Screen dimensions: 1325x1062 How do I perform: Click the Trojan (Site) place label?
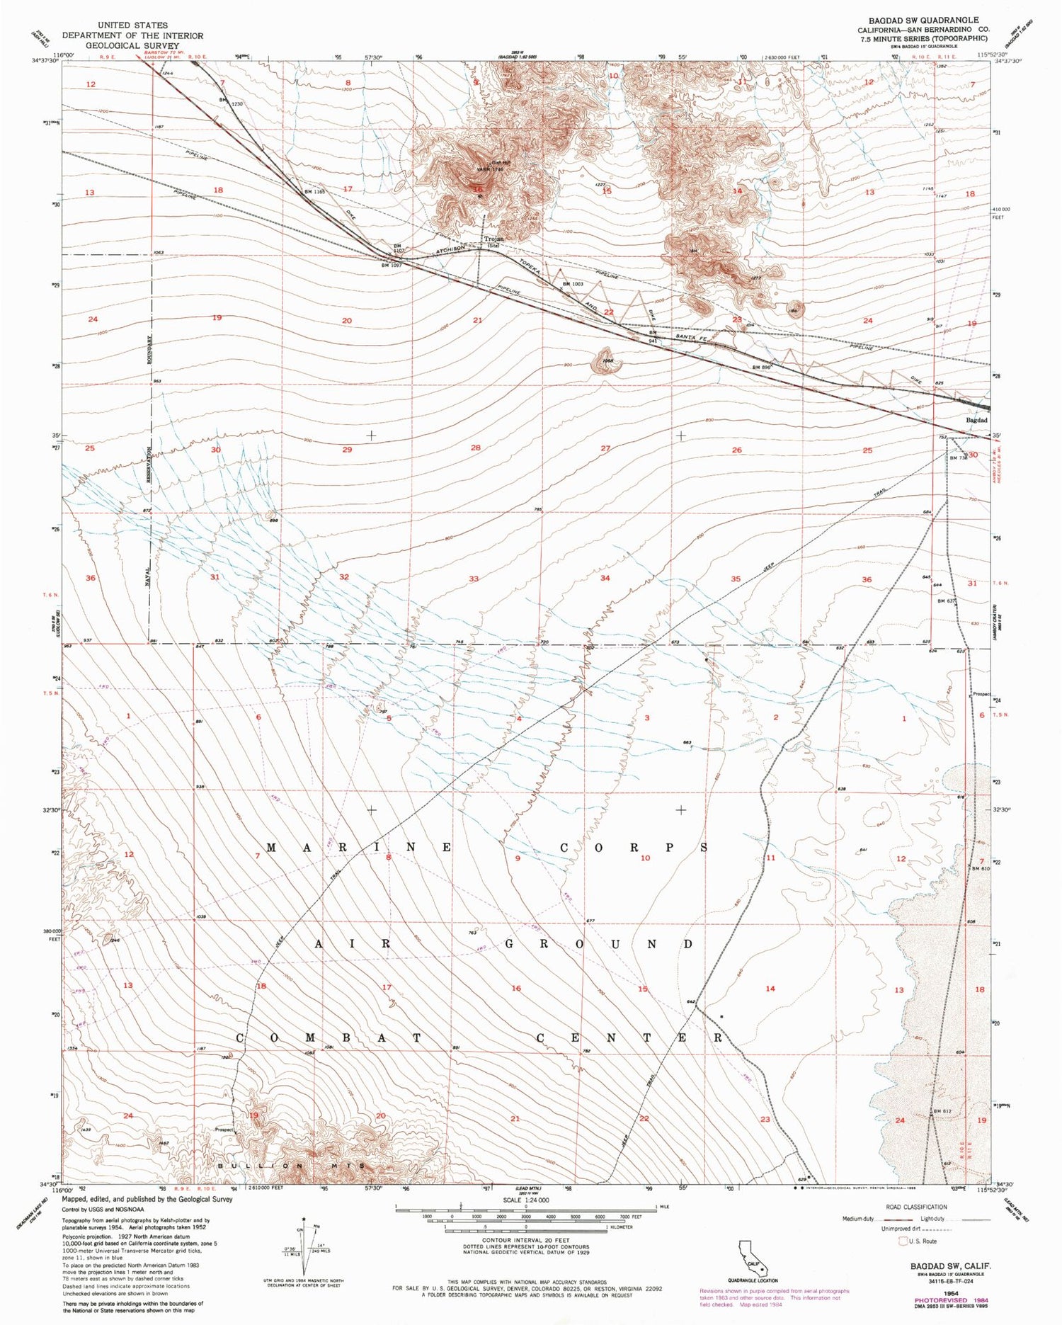click(x=493, y=241)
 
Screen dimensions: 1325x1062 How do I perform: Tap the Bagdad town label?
click(x=976, y=420)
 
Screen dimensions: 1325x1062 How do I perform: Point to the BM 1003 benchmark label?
click(x=572, y=284)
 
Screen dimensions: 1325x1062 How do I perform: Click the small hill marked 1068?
click(x=606, y=361)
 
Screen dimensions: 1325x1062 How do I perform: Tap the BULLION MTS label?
click(x=292, y=1166)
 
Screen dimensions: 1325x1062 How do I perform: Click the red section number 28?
click(x=476, y=448)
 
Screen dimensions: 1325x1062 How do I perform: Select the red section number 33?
click(x=474, y=579)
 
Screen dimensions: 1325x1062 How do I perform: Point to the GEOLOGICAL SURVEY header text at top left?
click(x=132, y=45)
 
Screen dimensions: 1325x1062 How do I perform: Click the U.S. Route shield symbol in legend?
click(x=903, y=1241)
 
